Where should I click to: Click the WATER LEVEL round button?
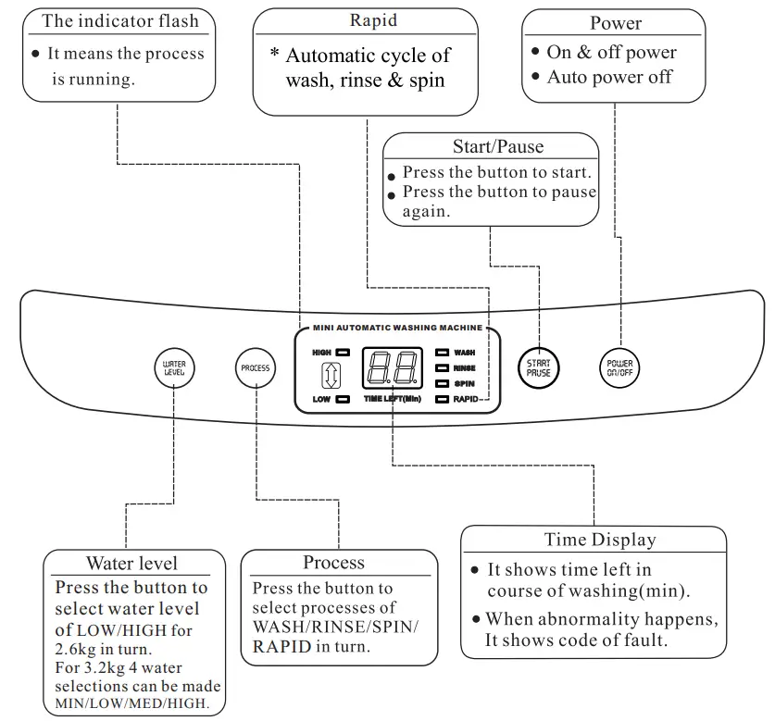click(x=174, y=367)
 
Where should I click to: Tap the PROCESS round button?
click(x=255, y=367)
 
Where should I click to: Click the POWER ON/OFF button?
click(x=619, y=367)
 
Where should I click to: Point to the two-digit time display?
click(x=393, y=369)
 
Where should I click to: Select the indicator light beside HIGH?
click(x=343, y=353)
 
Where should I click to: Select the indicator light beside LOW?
click(x=343, y=400)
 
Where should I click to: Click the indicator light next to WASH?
click(x=442, y=353)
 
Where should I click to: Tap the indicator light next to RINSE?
click(x=442, y=367)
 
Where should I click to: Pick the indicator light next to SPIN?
click(x=442, y=383)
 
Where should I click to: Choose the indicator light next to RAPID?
click(x=442, y=399)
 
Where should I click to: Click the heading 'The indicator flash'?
click(x=120, y=20)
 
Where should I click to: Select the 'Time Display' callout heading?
click(x=599, y=540)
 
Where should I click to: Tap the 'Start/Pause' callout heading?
click(x=497, y=146)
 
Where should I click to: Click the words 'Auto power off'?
click(x=608, y=77)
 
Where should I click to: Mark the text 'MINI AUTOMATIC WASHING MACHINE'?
click(x=397, y=328)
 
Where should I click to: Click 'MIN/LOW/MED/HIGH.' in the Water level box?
click(x=131, y=703)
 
